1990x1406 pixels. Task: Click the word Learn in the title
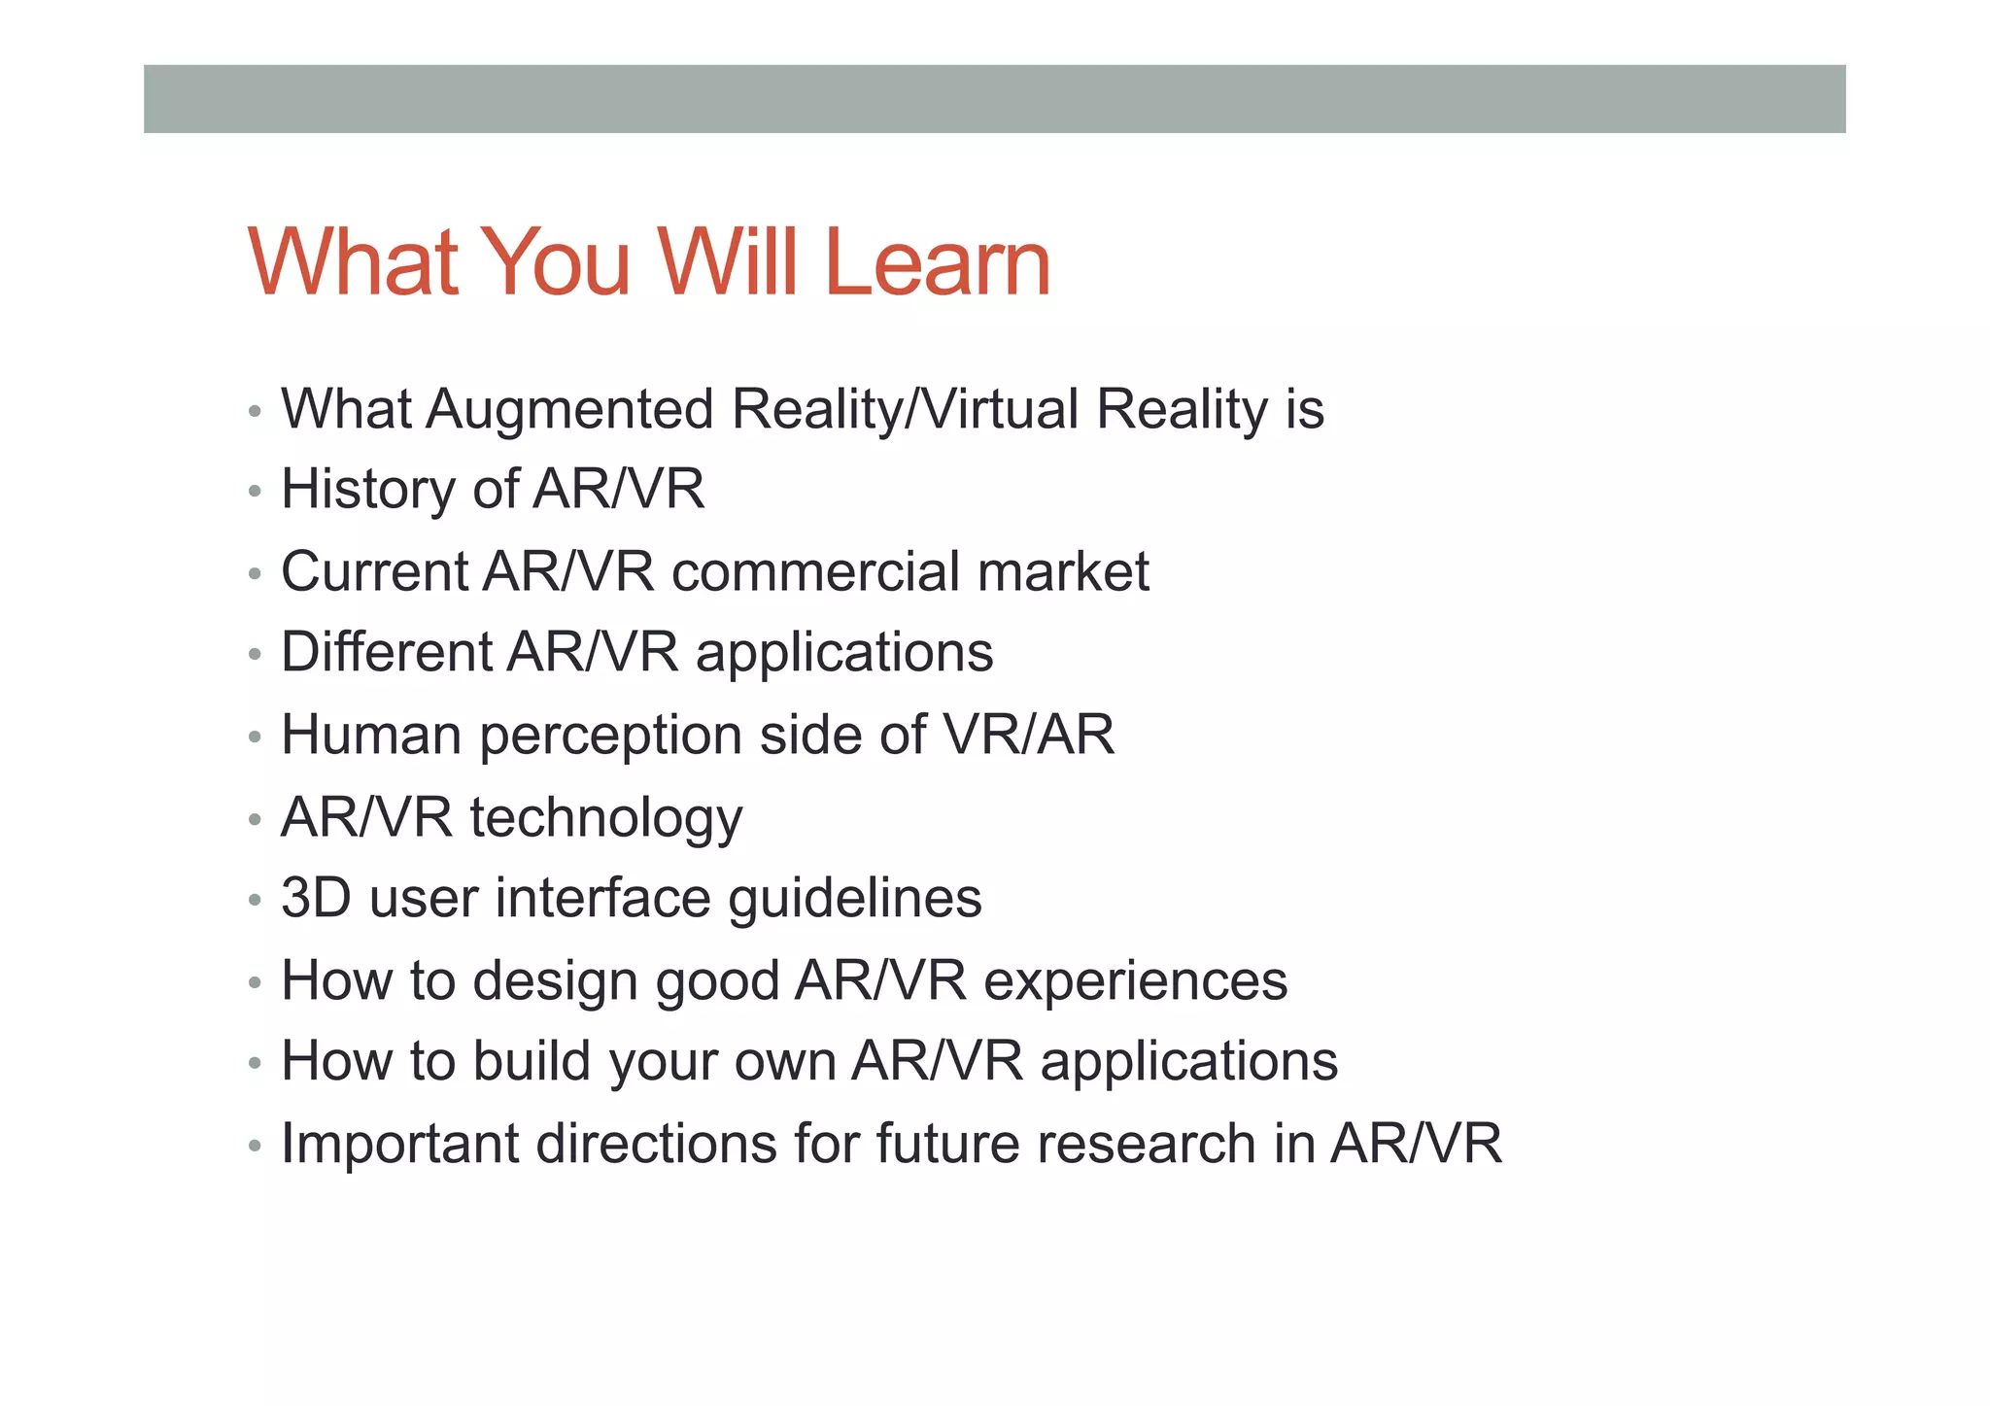[938, 262]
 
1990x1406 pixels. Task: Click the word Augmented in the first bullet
[569, 410]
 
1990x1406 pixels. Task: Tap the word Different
[386, 652]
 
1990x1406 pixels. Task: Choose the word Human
[370, 735]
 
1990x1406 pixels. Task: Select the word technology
[606, 818]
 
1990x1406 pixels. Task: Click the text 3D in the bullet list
[315, 898]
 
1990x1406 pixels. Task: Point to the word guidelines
[854, 899]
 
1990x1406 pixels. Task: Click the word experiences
[1135, 981]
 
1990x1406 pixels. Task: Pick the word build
[532, 1061]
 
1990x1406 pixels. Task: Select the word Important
[399, 1144]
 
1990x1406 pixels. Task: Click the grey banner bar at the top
[994, 99]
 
